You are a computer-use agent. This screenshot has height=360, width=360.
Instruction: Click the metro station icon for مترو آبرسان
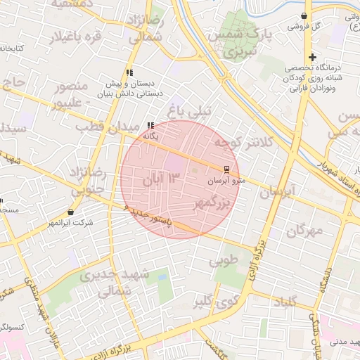[x=226, y=169]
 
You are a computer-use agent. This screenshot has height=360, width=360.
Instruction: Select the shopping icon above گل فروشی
[x=304, y=15]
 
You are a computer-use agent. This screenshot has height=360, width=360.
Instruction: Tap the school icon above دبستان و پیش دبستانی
[x=129, y=72]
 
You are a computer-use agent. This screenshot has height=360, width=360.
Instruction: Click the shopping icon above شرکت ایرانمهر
[x=70, y=212]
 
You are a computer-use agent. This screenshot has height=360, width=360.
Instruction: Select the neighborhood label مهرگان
[x=304, y=230]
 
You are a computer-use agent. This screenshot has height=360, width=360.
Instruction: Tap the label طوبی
[x=223, y=262]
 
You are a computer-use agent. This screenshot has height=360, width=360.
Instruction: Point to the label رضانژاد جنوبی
[x=88, y=180]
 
